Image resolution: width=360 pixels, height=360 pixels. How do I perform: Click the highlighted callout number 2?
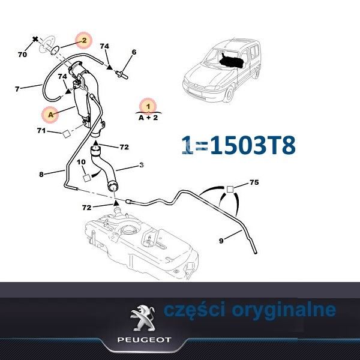[84, 40]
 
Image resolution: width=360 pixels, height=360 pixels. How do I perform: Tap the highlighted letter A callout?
[51, 115]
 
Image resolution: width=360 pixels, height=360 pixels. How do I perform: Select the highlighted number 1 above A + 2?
[148, 106]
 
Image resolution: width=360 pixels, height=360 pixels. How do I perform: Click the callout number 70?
[22, 55]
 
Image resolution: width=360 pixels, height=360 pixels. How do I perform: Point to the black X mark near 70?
[35, 39]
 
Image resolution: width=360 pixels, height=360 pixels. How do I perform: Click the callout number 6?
[134, 52]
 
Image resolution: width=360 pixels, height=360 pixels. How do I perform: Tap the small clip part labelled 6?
[122, 74]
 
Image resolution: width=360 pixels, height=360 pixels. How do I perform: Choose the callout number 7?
[17, 89]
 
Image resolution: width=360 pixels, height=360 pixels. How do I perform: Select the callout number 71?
[41, 131]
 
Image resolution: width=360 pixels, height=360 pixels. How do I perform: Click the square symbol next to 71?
[67, 134]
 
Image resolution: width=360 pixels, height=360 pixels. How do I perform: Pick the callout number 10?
[81, 162]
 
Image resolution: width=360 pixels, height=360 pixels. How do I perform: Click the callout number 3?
[142, 165]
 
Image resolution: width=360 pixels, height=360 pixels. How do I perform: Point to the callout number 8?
[41, 175]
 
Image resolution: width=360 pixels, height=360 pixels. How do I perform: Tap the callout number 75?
[254, 182]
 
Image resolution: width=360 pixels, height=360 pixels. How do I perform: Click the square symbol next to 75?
[230, 189]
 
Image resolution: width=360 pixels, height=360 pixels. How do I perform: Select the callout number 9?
[221, 241]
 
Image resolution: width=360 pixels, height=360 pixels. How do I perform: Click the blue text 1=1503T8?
[238, 145]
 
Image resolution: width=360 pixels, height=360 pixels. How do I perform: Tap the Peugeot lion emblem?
[143, 318]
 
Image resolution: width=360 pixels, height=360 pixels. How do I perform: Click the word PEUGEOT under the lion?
[145, 340]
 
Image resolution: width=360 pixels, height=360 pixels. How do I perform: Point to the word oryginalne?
[284, 310]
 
